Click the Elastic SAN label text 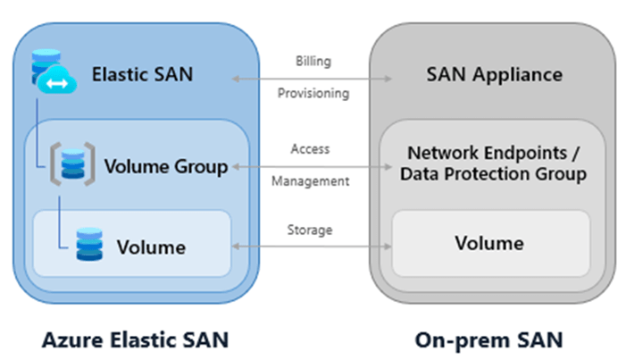(x=142, y=74)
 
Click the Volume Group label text (x=166, y=166)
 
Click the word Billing (x=313, y=62)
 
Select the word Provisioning (x=313, y=93)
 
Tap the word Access (x=310, y=149)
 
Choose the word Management (x=310, y=181)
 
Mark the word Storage (x=310, y=230)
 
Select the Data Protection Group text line (x=493, y=174)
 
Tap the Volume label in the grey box (x=489, y=243)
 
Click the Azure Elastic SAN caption (x=134, y=339)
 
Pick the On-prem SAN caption (x=488, y=339)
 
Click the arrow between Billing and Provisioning (x=312, y=79)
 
